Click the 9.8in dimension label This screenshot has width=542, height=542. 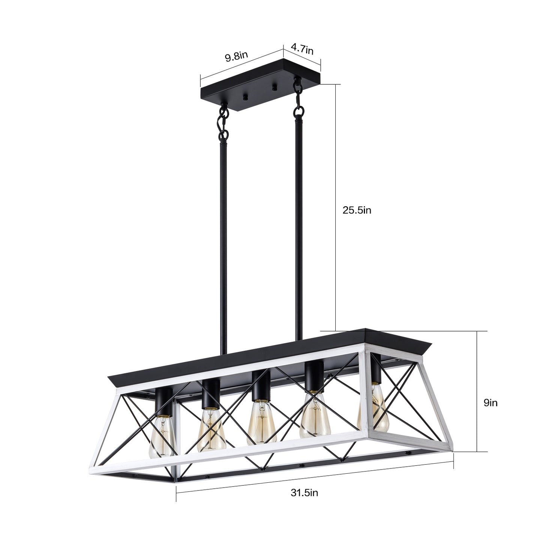click(x=236, y=57)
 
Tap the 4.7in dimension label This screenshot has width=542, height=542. click(x=302, y=49)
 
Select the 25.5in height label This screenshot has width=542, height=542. click(x=357, y=210)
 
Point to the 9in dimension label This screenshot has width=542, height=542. click(x=490, y=403)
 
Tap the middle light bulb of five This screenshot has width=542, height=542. click(x=262, y=422)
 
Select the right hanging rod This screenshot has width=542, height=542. click(x=299, y=225)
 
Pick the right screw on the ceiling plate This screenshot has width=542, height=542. click(x=274, y=89)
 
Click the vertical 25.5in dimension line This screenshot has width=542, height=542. click(x=335, y=206)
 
